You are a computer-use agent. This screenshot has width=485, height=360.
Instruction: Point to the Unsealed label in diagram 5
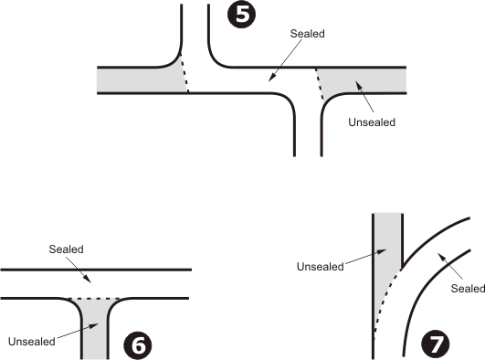click(372, 122)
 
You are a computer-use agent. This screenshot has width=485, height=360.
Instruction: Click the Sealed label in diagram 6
click(66, 249)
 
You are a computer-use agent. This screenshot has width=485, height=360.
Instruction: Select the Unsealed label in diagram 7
click(320, 267)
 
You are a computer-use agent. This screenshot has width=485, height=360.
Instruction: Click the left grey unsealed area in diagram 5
click(137, 79)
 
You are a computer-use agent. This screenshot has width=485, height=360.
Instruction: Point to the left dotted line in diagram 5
click(185, 77)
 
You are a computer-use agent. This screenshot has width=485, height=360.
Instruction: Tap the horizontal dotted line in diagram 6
click(95, 299)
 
